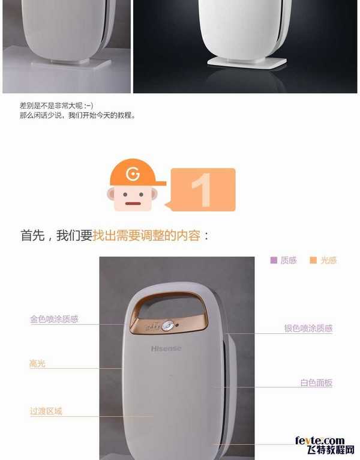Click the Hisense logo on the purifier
point(166,348)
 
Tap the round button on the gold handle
point(169,325)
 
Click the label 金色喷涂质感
point(54,319)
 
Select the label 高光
point(37,364)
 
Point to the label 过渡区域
point(46,411)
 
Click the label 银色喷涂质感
point(308,328)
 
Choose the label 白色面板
point(316,383)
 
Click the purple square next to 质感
point(274,261)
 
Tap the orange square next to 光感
point(313,261)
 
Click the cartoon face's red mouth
point(132,203)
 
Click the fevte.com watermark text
point(320,441)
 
